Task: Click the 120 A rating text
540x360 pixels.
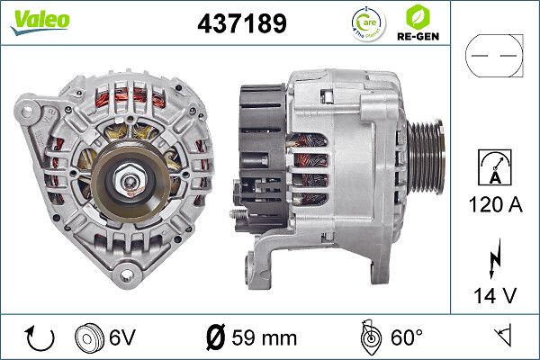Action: (x=494, y=207)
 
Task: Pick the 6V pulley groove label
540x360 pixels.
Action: (x=122, y=338)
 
